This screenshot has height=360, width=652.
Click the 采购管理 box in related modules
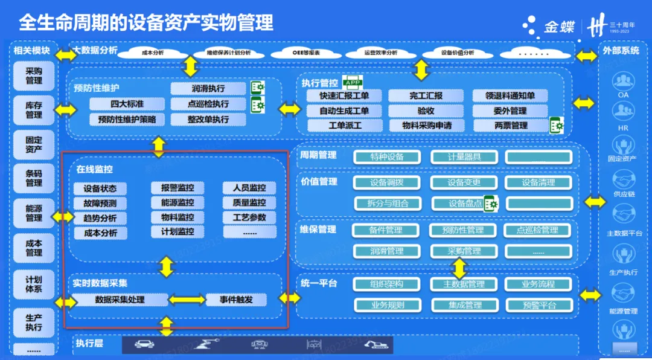34,76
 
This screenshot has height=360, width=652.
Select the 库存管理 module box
34,111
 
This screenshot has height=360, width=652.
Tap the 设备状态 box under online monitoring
100,188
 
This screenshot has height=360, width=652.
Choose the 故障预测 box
100,203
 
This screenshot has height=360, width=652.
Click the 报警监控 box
177,188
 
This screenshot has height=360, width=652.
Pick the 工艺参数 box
249,217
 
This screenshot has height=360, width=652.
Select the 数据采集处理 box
120,300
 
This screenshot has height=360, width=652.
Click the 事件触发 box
236,300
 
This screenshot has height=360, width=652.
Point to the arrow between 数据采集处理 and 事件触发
187,300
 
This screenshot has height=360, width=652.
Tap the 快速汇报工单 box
345,96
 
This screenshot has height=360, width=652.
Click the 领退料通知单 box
510,96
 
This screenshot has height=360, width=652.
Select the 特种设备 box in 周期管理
387,157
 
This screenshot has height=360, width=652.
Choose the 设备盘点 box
464,204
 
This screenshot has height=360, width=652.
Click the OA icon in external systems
622,82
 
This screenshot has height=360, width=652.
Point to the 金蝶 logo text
558,27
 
